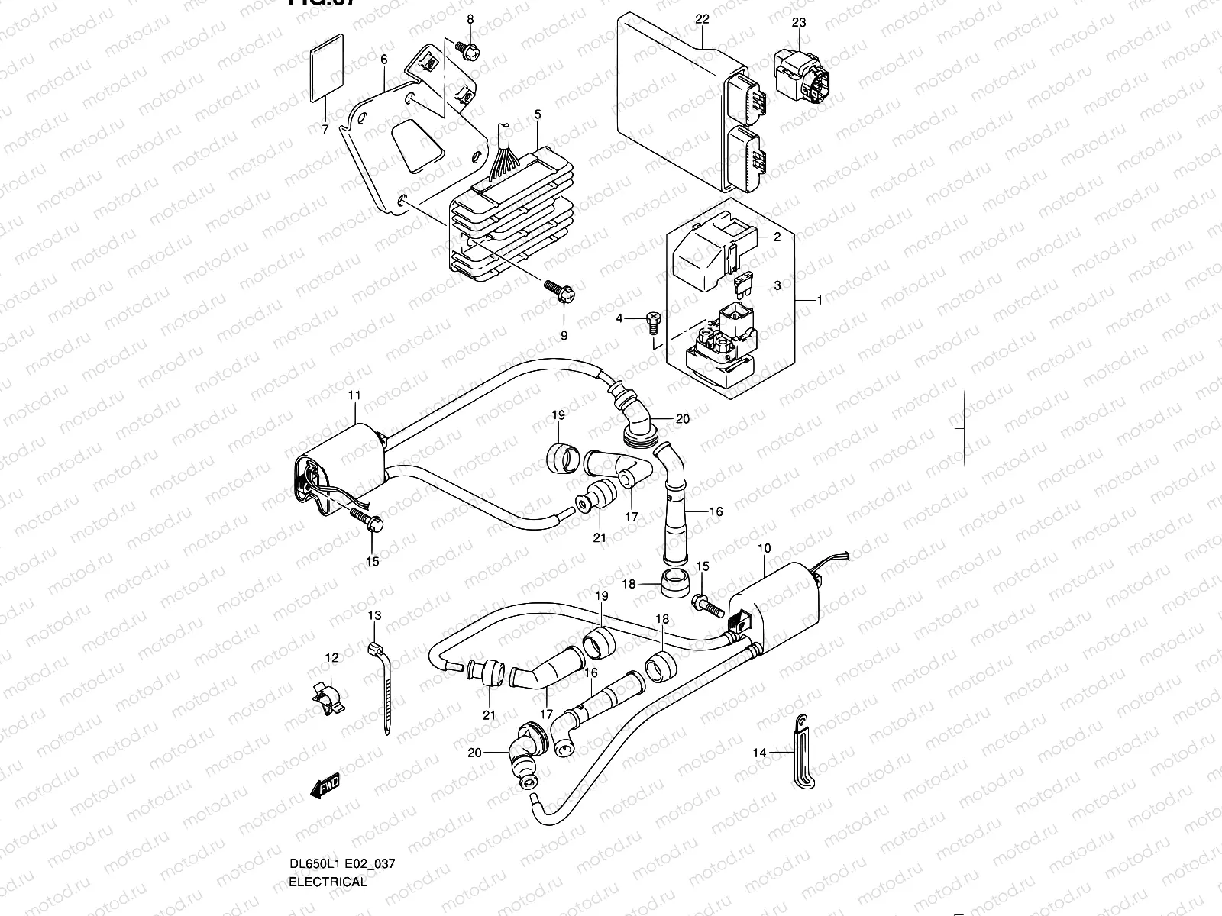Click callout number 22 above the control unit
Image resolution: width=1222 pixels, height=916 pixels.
[x=703, y=18]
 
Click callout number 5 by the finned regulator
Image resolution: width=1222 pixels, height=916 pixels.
[x=538, y=114]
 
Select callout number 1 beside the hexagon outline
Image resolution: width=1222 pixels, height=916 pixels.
[x=820, y=300]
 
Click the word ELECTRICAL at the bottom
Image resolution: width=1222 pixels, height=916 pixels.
[x=328, y=882]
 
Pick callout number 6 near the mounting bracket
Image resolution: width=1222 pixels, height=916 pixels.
[x=383, y=60]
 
